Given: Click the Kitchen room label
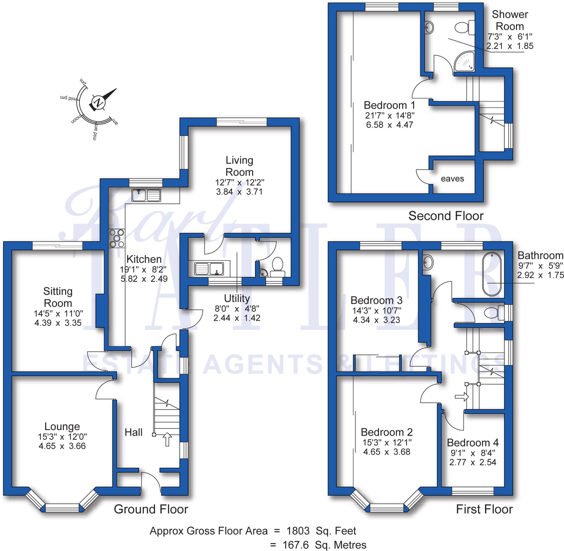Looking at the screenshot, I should pos(144,259).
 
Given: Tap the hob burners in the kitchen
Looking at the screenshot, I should pos(117,238).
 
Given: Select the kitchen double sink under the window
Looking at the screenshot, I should pos(146,195).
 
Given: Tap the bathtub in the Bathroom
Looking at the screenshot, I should pos(492,274).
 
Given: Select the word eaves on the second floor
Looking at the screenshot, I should pos(452,179).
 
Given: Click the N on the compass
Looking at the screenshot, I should pos(99,102).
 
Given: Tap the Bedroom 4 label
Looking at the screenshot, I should pos(473,443).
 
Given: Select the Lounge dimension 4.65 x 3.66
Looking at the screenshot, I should pos(62,446).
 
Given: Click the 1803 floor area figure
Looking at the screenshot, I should pos(298,531).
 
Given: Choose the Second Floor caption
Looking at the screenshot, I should pos(446,216).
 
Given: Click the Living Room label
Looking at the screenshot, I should pos(239,166).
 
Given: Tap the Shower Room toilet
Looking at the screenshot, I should pos(464,28).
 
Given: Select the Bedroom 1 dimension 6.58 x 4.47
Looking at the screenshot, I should pos(389,125).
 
